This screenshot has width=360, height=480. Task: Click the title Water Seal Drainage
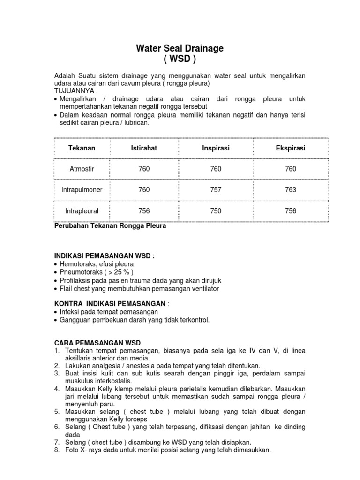(x=180, y=48)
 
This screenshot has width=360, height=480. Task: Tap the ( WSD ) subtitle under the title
(x=180, y=60)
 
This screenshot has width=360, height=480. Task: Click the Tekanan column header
(x=82, y=148)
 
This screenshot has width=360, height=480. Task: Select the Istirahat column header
(x=144, y=148)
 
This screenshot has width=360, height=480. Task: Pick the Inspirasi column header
(x=216, y=148)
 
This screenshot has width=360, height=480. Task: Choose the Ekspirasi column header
(x=291, y=148)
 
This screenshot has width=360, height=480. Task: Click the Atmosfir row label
(x=82, y=169)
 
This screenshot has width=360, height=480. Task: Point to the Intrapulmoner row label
(x=82, y=190)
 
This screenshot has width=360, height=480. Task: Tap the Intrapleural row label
(x=82, y=211)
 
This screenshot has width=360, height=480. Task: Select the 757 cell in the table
(x=216, y=190)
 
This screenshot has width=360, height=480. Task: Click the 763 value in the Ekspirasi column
(x=291, y=190)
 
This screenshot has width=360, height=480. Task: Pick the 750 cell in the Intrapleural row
(x=216, y=211)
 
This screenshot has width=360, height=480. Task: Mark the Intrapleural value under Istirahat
(x=144, y=211)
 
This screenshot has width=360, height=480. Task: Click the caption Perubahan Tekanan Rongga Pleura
(x=111, y=225)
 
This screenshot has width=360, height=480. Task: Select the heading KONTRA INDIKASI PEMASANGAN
(x=111, y=304)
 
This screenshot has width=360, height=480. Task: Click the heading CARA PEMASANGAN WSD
(x=97, y=343)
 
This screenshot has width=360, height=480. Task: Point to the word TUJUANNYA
(x=75, y=90)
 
